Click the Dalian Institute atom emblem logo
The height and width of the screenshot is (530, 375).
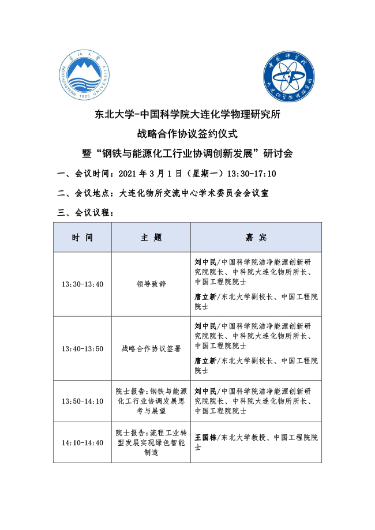click(288, 78)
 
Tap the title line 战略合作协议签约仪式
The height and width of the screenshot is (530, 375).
click(187, 134)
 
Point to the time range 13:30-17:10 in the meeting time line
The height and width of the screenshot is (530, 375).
click(252, 174)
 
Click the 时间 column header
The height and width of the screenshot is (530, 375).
click(82, 238)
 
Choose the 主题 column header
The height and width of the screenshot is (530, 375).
click(151, 238)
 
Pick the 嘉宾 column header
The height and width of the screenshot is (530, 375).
click(256, 238)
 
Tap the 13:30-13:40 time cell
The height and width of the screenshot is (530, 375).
click(82, 284)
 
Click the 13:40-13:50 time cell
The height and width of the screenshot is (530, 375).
click(82, 348)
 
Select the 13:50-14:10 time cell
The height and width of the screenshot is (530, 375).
click(82, 401)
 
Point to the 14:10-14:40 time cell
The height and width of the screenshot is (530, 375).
click(82, 442)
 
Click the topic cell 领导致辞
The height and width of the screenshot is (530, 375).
click(151, 284)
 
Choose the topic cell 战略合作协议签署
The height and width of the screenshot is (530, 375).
click(151, 348)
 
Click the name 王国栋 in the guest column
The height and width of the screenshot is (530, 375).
click(205, 438)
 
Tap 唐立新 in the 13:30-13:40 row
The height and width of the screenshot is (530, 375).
click(205, 296)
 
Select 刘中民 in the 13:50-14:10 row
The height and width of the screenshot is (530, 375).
click(205, 390)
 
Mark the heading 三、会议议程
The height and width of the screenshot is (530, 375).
click(86, 213)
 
